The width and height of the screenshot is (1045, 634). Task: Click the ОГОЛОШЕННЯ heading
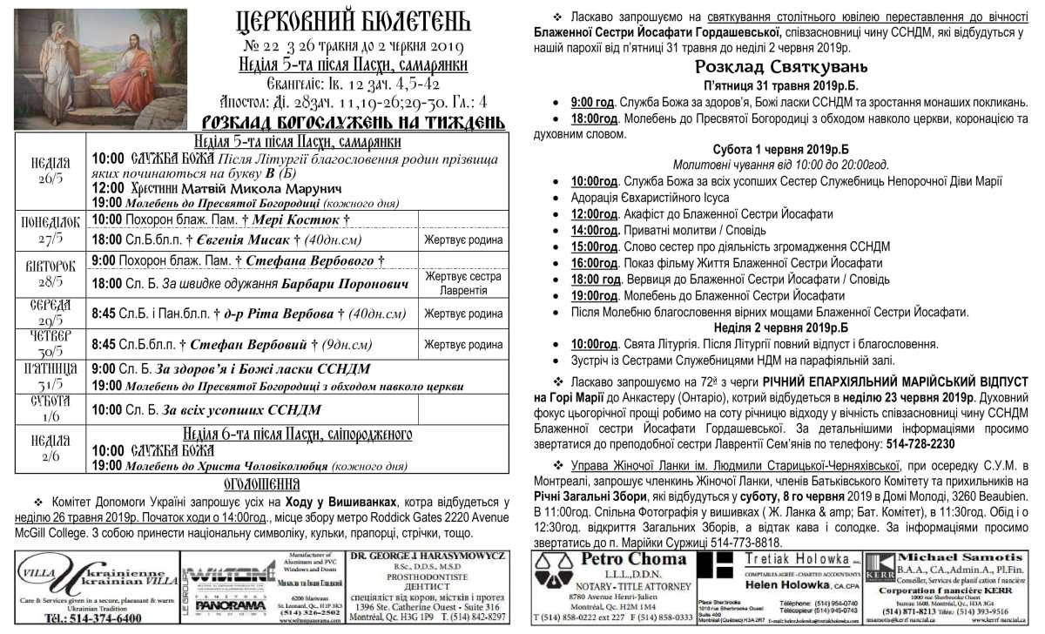[262, 483]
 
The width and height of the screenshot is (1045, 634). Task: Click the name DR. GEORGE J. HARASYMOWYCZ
[427, 556]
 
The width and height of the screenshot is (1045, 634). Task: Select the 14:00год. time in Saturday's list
[595, 230]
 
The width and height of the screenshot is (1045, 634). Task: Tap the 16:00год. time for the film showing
[595, 263]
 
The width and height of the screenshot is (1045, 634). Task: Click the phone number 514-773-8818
[737, 542]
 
